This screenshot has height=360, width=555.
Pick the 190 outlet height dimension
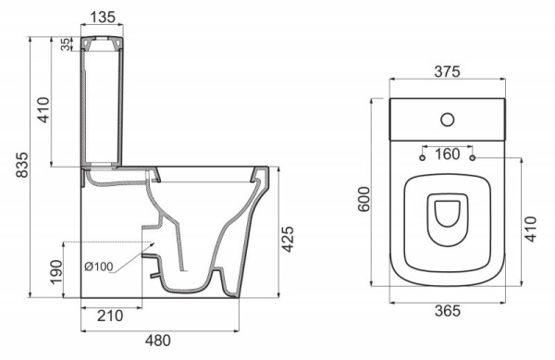click(55, 271)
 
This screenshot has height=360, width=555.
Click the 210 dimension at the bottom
click(111, 317)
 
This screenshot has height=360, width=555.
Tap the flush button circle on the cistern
click(448, 118)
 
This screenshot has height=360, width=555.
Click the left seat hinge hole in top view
click(423, 159)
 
